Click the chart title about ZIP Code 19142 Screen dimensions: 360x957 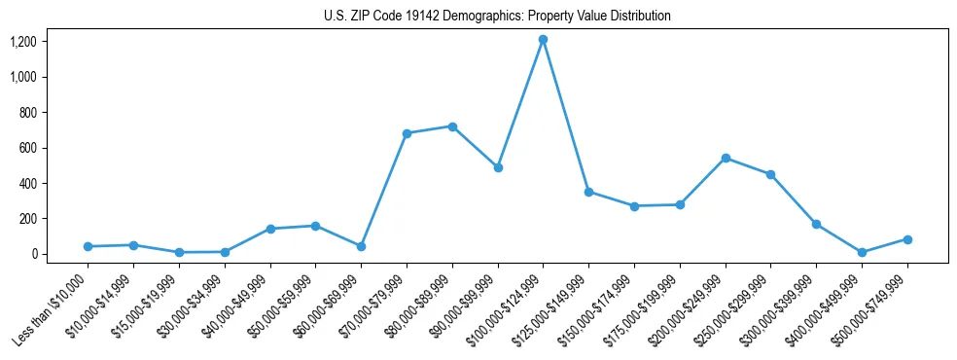[497, 17]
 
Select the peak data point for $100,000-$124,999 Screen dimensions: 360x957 [543, 40]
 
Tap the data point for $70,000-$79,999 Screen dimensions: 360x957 [407, 133]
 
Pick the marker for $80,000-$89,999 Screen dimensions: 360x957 [452, 126]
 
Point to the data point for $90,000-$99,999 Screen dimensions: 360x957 [498, 167]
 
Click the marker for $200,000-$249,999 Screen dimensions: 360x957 [726, 158]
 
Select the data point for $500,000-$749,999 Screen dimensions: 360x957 [907, 239]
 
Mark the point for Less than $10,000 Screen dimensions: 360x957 [88, 246]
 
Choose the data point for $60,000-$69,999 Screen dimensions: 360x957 [361, 246]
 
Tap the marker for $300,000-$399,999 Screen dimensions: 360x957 [816, 224]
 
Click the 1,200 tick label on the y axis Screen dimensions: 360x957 [23, 42]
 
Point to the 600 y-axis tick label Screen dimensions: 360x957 [28, 148]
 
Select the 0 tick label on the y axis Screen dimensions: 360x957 [34, 254]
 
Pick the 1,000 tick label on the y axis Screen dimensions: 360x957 [23, 77]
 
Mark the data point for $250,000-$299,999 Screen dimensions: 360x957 [770, 175]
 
